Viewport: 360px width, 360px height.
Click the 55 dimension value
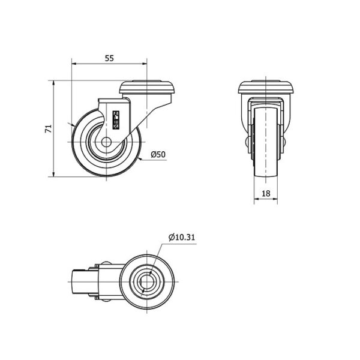[109, 58]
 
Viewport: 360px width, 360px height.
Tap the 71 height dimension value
[49, 129]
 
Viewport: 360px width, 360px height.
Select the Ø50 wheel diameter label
[158, 154]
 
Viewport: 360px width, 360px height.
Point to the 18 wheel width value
[266, 194]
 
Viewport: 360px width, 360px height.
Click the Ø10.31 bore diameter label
[182, 237]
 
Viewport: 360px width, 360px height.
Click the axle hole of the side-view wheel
[106, 142]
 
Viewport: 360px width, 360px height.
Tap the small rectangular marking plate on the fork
[116, 120]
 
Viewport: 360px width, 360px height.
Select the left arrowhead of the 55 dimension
[74, 64]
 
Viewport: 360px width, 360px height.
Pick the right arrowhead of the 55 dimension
[145, 64]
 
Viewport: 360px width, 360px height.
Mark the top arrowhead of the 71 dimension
[53, 83]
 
